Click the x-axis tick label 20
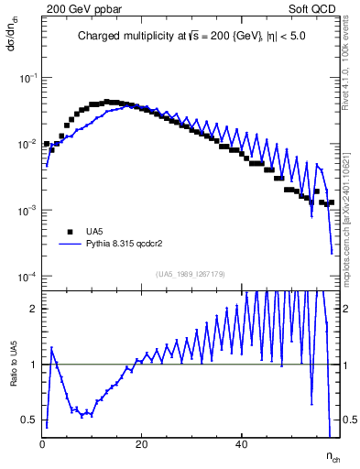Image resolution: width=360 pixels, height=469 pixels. (142, 446)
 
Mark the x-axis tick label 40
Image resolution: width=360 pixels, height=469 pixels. (241, 446)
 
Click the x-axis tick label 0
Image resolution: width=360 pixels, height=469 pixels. (43, 446)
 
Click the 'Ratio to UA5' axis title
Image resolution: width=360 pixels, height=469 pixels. (14, 377)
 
